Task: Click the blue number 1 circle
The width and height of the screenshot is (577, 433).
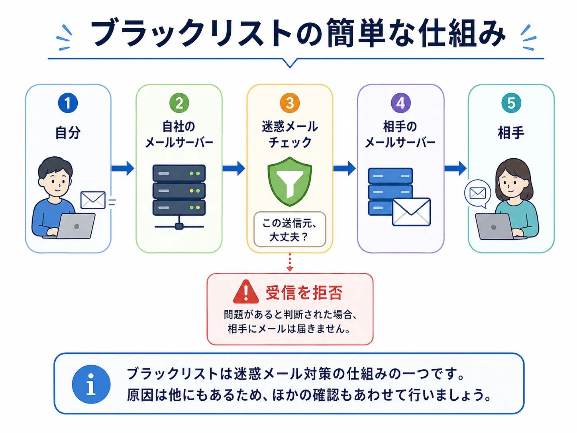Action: pos(68,103)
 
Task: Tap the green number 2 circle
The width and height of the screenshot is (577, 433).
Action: pos(179,103)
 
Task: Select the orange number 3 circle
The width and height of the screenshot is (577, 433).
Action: pos(290,103)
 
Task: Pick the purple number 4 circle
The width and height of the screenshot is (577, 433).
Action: pos(400,103)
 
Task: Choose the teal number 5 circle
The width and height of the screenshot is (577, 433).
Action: pos(511,103)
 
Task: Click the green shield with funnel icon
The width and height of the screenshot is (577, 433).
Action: pos(290,181)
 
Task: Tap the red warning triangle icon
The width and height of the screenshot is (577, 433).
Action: pos(246,291)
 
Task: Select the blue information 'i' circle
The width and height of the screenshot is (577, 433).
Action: pos(91,384)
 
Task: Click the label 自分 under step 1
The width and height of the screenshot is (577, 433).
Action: pos(68,132)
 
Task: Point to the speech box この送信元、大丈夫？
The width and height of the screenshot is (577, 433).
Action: pos(290,229)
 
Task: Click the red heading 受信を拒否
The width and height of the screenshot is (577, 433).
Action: pos(304,292)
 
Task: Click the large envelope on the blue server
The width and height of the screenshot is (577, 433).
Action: pos(411,212)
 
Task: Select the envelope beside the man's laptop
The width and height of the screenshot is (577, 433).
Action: pos(93,200)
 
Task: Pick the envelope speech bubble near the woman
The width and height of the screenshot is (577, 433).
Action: pos(478,194)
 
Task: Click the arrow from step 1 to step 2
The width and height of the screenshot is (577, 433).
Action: pos(123,168)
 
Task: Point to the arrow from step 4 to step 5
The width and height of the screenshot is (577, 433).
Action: pos(455,168)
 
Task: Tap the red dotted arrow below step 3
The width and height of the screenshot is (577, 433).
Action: pos(290,262)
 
